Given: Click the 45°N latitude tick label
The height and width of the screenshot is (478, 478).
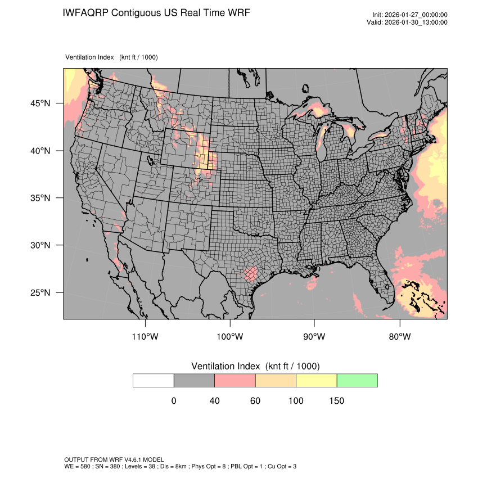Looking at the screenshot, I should [x=40, y=103].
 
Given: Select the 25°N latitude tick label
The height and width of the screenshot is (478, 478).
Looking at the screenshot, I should [x=40, y=292].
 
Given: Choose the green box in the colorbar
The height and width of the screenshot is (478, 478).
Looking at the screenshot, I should [x=357, y=380].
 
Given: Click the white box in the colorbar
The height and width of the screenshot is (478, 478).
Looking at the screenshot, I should [x=154, y=380].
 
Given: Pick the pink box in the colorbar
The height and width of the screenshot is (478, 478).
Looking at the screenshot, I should [x=235, y=380].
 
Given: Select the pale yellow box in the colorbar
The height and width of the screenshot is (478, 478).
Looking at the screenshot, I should [x=317, y=380].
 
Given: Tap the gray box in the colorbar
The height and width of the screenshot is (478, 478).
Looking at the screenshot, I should [x=194, y=380].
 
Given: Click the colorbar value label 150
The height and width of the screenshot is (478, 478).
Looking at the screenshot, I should [x=336, y=401].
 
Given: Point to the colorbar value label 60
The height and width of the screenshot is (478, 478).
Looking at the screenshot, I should [x=255, y=401].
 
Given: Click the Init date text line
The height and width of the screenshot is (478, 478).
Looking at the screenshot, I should [x=410, y=15].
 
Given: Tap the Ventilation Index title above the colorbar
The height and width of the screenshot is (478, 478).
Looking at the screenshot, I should [x=255, y=366].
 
